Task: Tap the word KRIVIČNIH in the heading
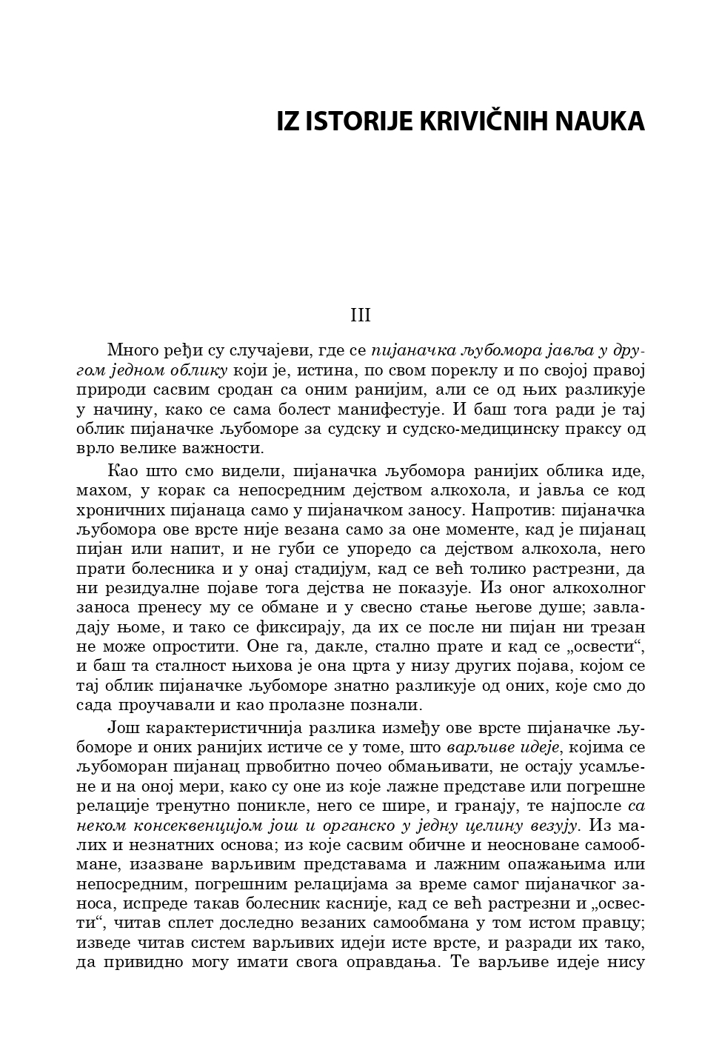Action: click(481, 121)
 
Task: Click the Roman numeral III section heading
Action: click(361, 315)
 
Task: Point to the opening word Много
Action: click(131, 350)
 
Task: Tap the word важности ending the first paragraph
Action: click(226, 448)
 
